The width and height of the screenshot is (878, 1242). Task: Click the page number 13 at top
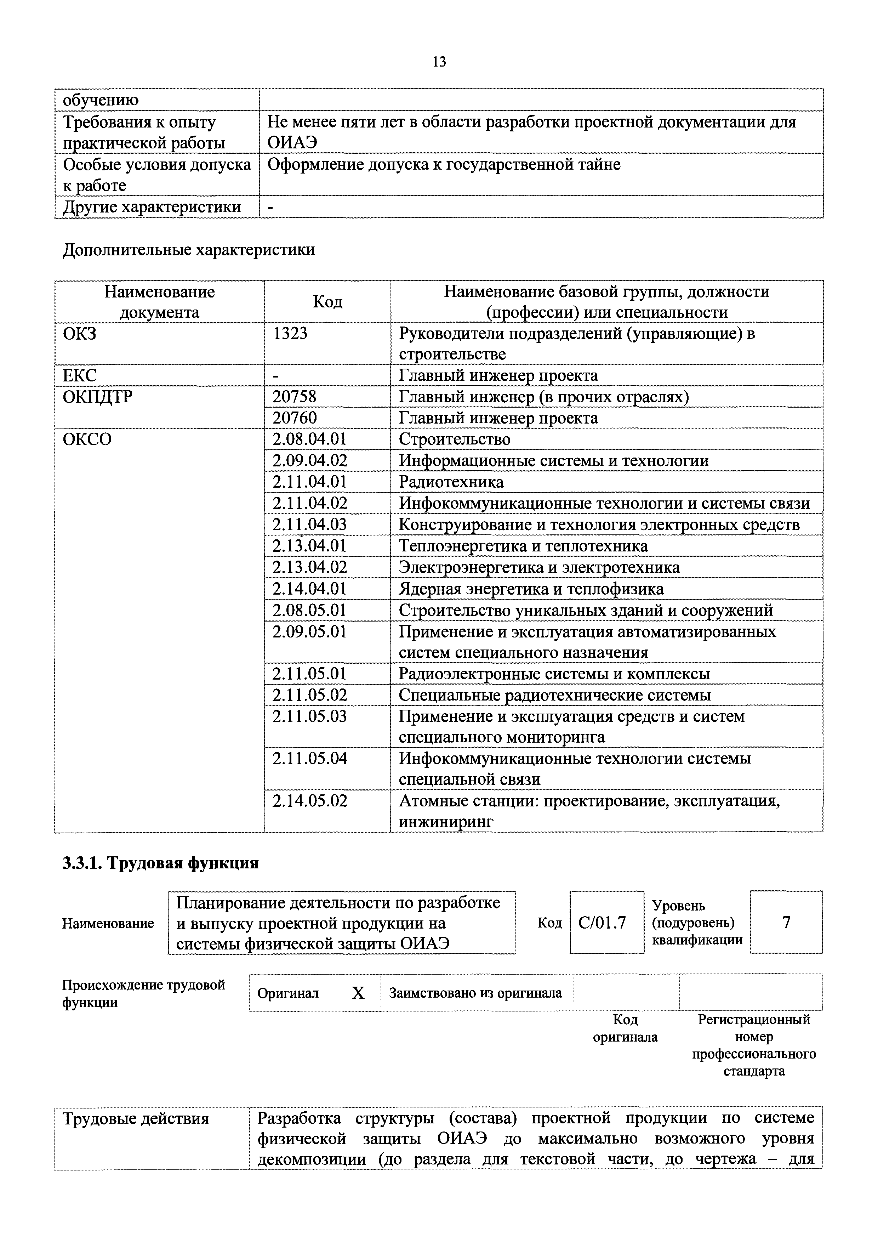click(439, 62)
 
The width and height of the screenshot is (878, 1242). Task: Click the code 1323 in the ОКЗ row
click(290, 334)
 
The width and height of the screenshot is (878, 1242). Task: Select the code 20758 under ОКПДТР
click(294, 397)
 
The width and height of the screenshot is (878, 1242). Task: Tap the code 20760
click(294, 418)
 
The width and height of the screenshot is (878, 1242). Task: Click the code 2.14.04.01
click(309, 589)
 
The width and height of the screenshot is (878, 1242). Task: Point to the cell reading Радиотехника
click(451, 482)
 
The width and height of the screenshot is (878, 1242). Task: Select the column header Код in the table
click(327, 302)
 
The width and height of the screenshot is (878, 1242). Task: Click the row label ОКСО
click(87, 439)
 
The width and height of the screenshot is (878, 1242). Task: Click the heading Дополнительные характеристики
click(189, 250)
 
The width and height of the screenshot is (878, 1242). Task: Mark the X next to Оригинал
click(358, 993)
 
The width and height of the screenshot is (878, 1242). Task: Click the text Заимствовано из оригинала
click(475, 993)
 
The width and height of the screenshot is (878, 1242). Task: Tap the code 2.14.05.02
click(309, 801)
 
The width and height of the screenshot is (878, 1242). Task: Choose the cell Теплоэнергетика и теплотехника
click(523, 546)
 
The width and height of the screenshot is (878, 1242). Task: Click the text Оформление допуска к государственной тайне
click(444, 164)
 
